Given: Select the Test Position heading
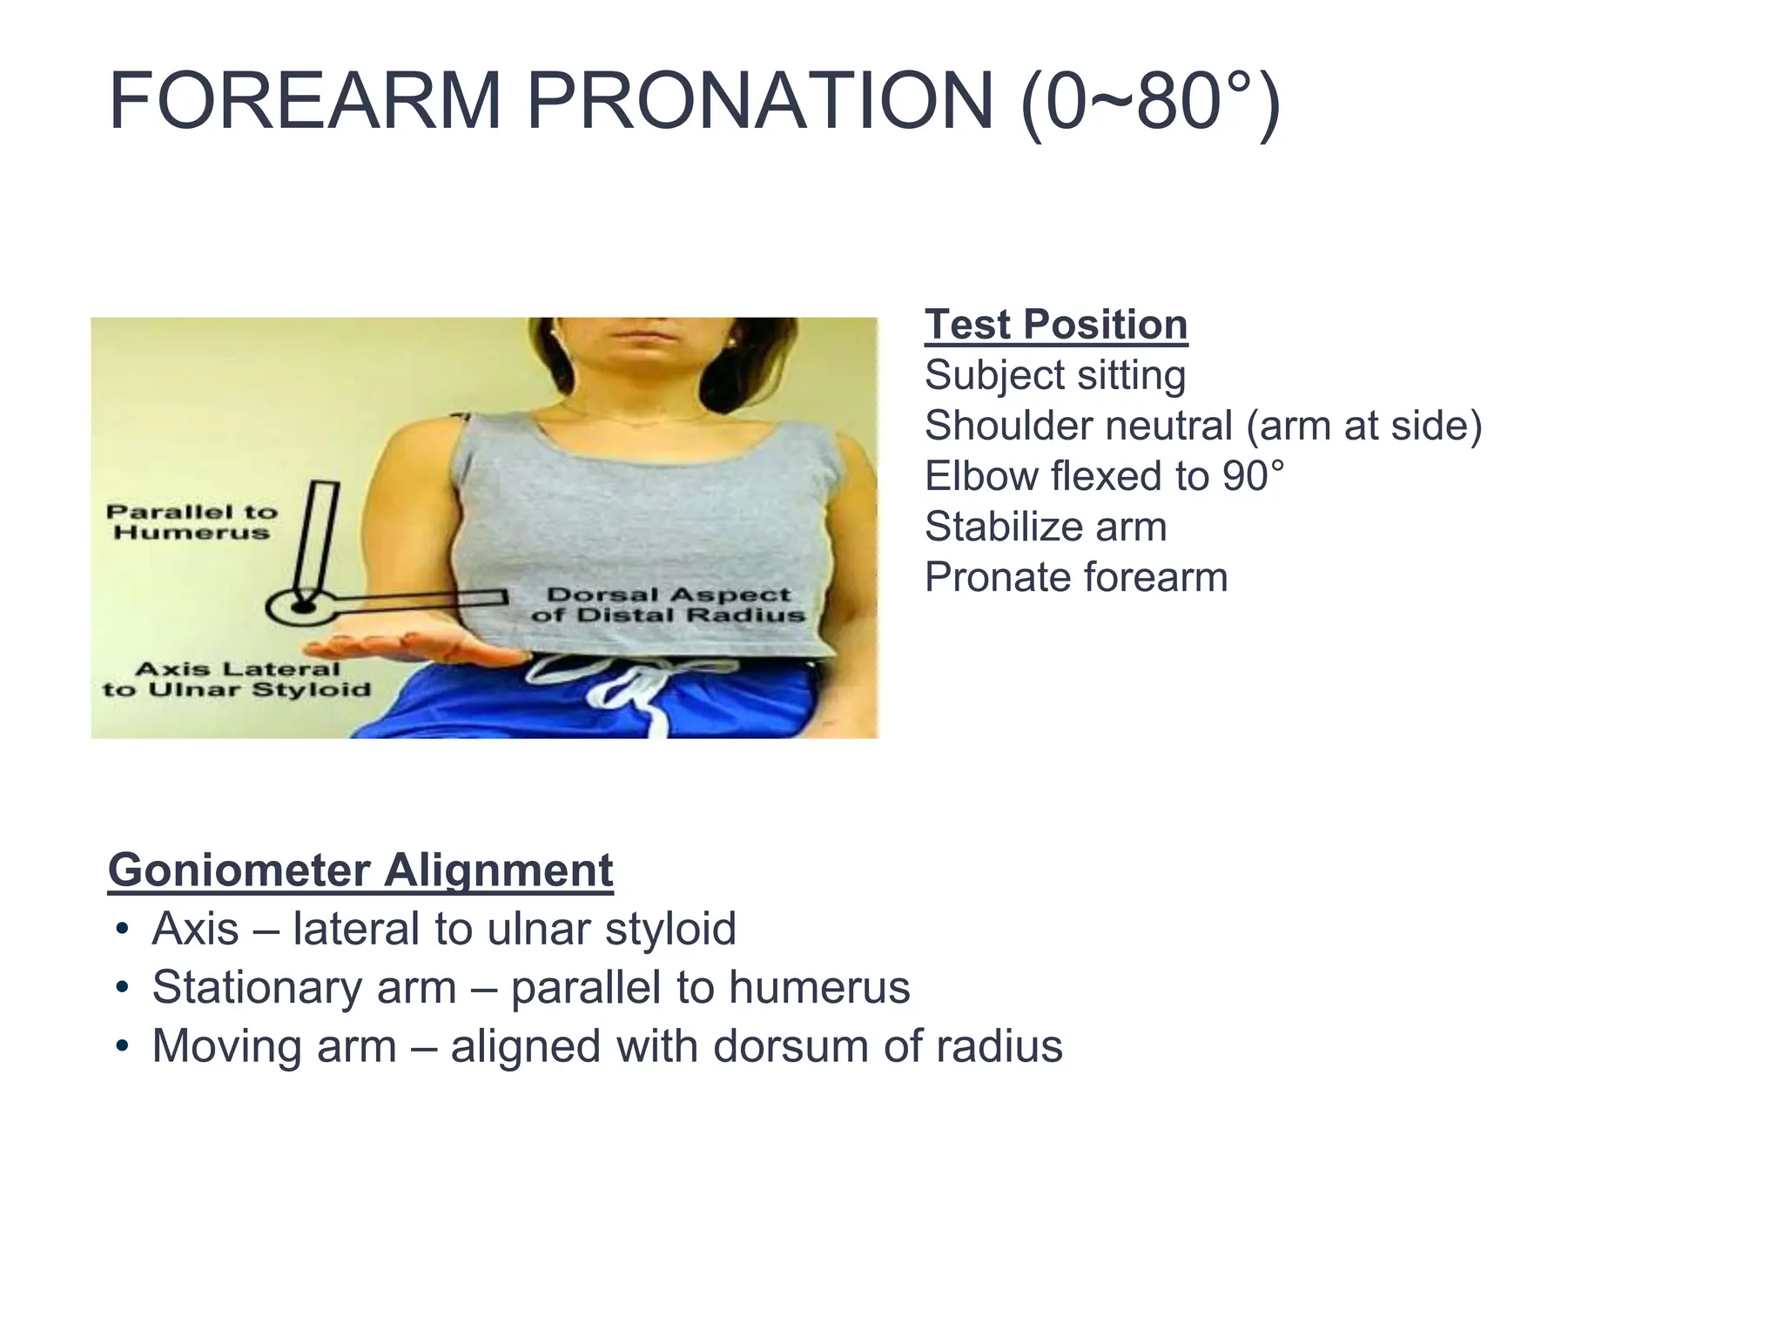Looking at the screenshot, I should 1055,325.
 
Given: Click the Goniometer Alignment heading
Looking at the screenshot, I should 360,870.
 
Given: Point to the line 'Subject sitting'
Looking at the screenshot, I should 1055,375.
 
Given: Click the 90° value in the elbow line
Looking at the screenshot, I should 1253,476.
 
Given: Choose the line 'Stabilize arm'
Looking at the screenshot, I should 1046,527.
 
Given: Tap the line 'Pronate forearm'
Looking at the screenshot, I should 1076,577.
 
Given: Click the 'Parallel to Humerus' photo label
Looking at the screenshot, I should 192,521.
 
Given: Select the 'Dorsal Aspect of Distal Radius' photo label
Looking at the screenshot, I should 668,605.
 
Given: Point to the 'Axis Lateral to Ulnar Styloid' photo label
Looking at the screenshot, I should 237,680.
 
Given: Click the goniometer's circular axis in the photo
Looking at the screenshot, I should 301,606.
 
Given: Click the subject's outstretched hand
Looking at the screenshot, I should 392,646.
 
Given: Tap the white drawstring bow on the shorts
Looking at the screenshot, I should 634,680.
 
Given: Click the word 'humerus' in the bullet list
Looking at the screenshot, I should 819,987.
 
